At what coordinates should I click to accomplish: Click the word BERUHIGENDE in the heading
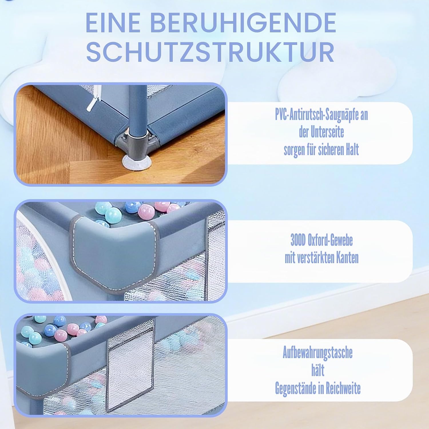tap(243, 23)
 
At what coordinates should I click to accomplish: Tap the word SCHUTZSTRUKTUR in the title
tap(210, 52)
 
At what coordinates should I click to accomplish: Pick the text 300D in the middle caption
tap(298, 241)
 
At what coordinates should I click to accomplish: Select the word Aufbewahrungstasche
tap(318, 353)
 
